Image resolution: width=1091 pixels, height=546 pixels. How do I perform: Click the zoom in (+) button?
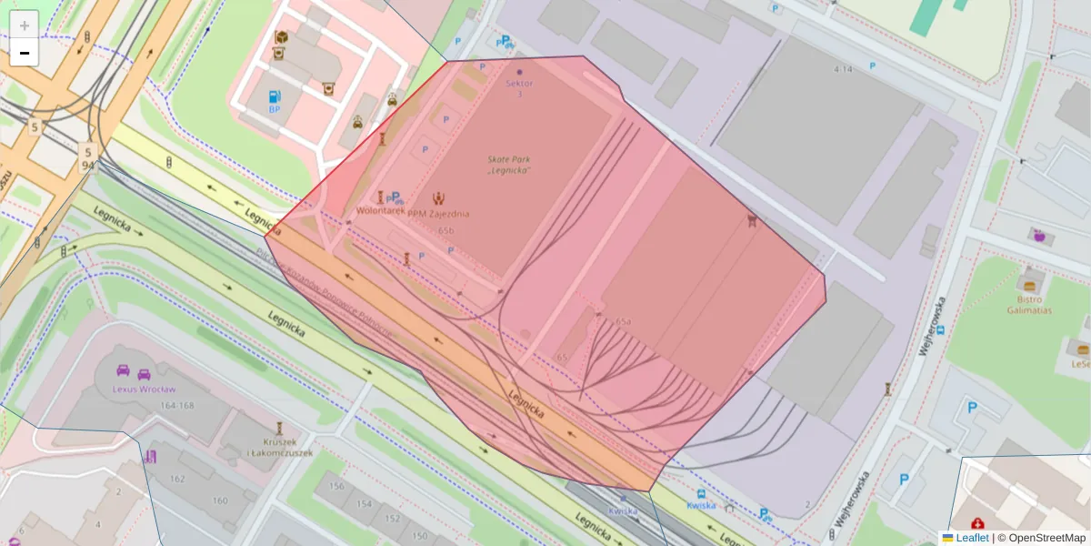[x=25, y=25]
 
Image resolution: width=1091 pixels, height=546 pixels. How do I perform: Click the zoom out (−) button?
[x=25, y=53]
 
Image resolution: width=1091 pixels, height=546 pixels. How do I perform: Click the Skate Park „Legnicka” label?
[x=508, y=165]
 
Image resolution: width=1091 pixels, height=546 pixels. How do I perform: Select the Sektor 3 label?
[x=519, y=88]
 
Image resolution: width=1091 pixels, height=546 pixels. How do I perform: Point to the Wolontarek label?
[x=381, y=212]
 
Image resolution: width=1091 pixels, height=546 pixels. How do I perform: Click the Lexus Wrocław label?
[x=144, y=389]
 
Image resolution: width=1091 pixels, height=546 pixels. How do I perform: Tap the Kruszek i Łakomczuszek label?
[x=279, y=447]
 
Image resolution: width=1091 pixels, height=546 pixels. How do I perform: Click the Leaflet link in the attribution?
[x=972, y=538]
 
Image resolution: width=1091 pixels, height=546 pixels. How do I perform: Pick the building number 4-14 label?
[x=843, y=69]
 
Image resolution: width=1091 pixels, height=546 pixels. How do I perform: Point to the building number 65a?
[x=623, y=321]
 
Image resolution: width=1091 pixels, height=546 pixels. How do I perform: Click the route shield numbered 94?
[x=87, y=165]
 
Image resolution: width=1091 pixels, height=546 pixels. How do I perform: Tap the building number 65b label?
[x=445, y=230]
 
